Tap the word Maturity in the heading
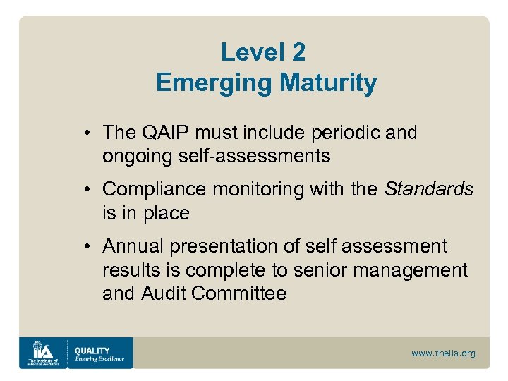point(328,83)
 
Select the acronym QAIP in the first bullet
point(166,133)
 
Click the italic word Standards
point(429,189)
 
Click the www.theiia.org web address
point(443,353)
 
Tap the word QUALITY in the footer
point(93,350)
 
